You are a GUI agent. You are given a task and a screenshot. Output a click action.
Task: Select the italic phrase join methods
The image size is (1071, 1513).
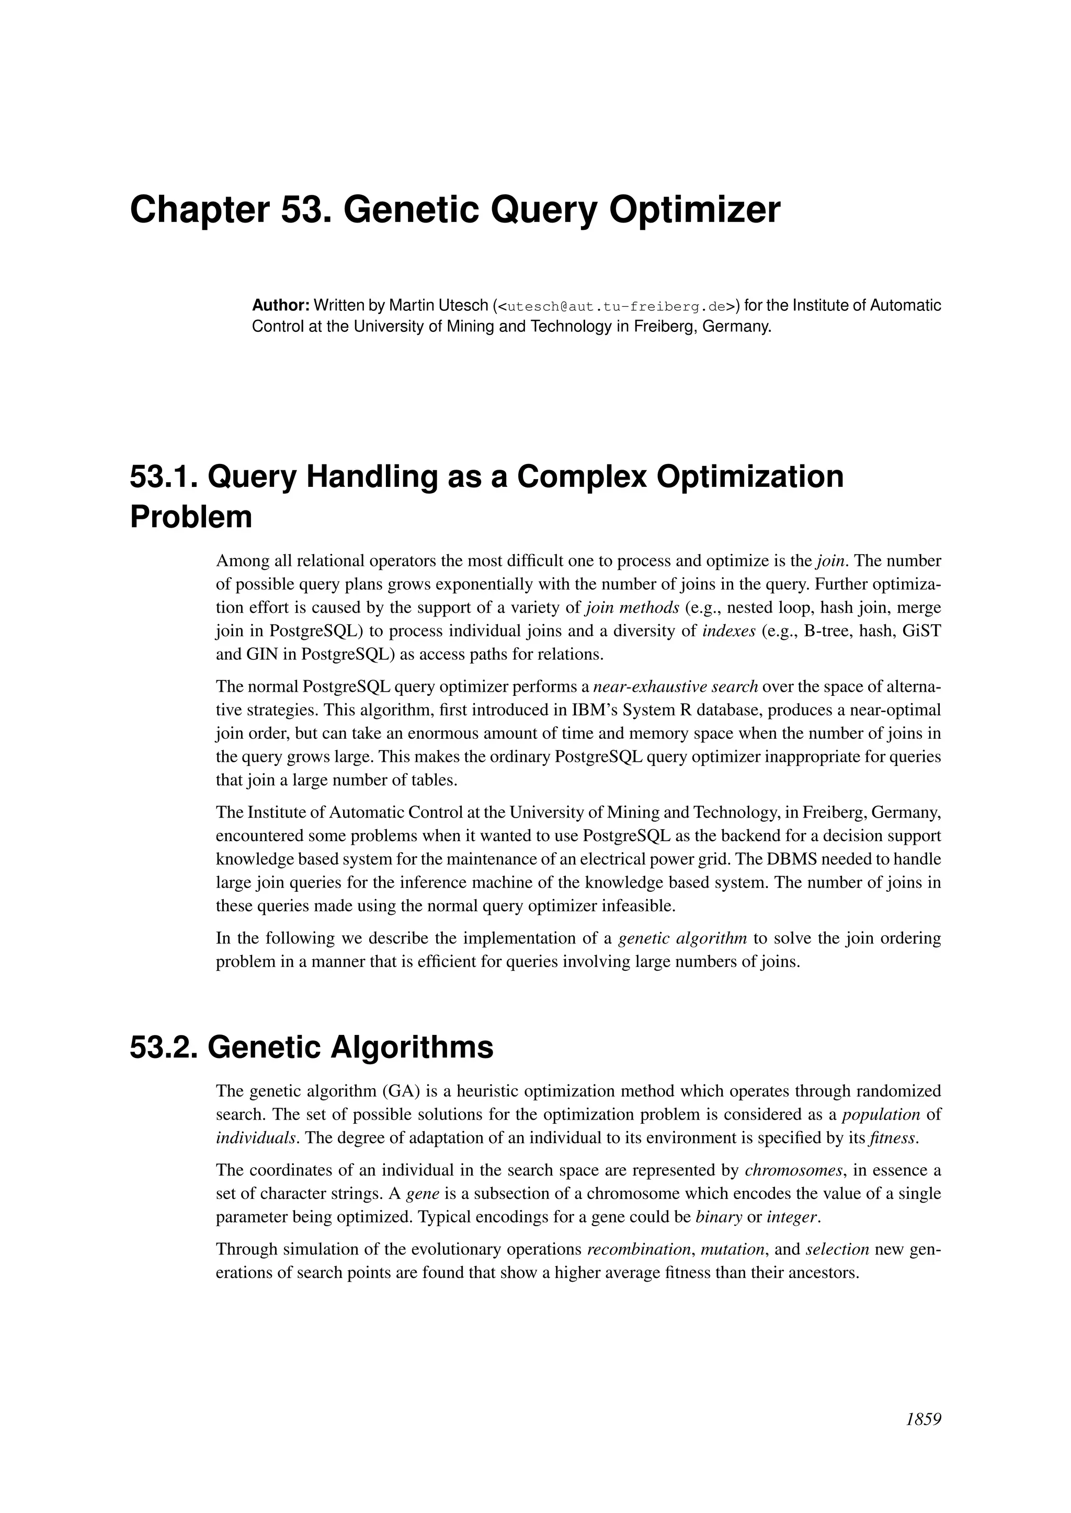point(632,607)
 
